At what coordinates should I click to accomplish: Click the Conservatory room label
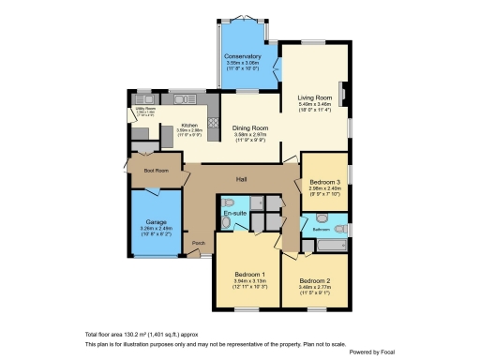tap(242, 57)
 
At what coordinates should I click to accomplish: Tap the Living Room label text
tap(315, 97)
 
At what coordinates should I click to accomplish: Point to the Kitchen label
tap(189, 125)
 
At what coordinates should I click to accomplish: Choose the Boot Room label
tap(156, 171)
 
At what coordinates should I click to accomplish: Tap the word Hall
tap(241, 178)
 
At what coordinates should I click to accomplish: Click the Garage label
tap(157, 221)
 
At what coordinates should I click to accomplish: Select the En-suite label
tap(234, 215)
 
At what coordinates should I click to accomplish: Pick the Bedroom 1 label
tap(250, 274)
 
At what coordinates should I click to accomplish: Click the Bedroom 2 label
tap(315, 280)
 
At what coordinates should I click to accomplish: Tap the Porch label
tap(198, 243)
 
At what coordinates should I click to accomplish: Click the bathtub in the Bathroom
tap(331, 246)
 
